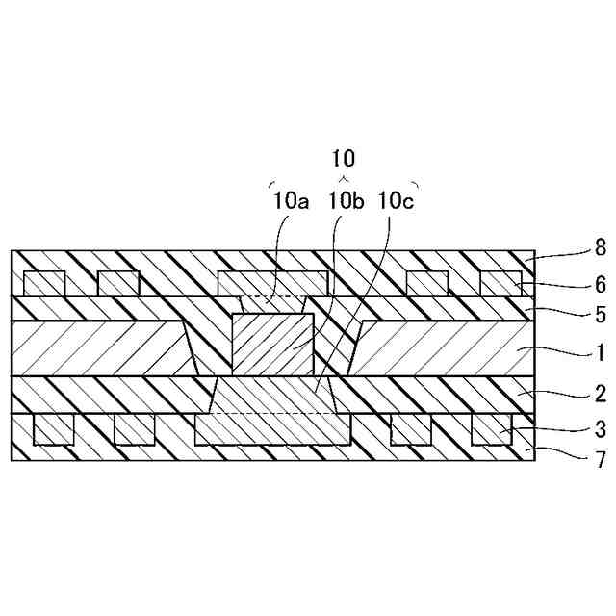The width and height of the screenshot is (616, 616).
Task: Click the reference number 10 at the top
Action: click(x=344, y=158)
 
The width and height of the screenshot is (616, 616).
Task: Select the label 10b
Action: click(x=344, y=200)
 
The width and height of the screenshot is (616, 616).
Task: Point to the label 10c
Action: click(x=397, y=200)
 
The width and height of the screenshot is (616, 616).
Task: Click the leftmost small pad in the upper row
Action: click(x=44, y=283)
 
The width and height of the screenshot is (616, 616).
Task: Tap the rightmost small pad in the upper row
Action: click(x=500, y=283)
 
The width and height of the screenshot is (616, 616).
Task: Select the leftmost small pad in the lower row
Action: click(x=54, y=429)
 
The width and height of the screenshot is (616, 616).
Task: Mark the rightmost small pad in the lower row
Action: click(x=492, y=429)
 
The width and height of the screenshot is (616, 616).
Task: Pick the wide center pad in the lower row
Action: click(x=272, y=430)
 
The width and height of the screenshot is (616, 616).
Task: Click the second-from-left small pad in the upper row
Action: click(x=118, y=283)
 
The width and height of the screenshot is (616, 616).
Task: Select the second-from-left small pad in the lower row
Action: click(x=135, y=429)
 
